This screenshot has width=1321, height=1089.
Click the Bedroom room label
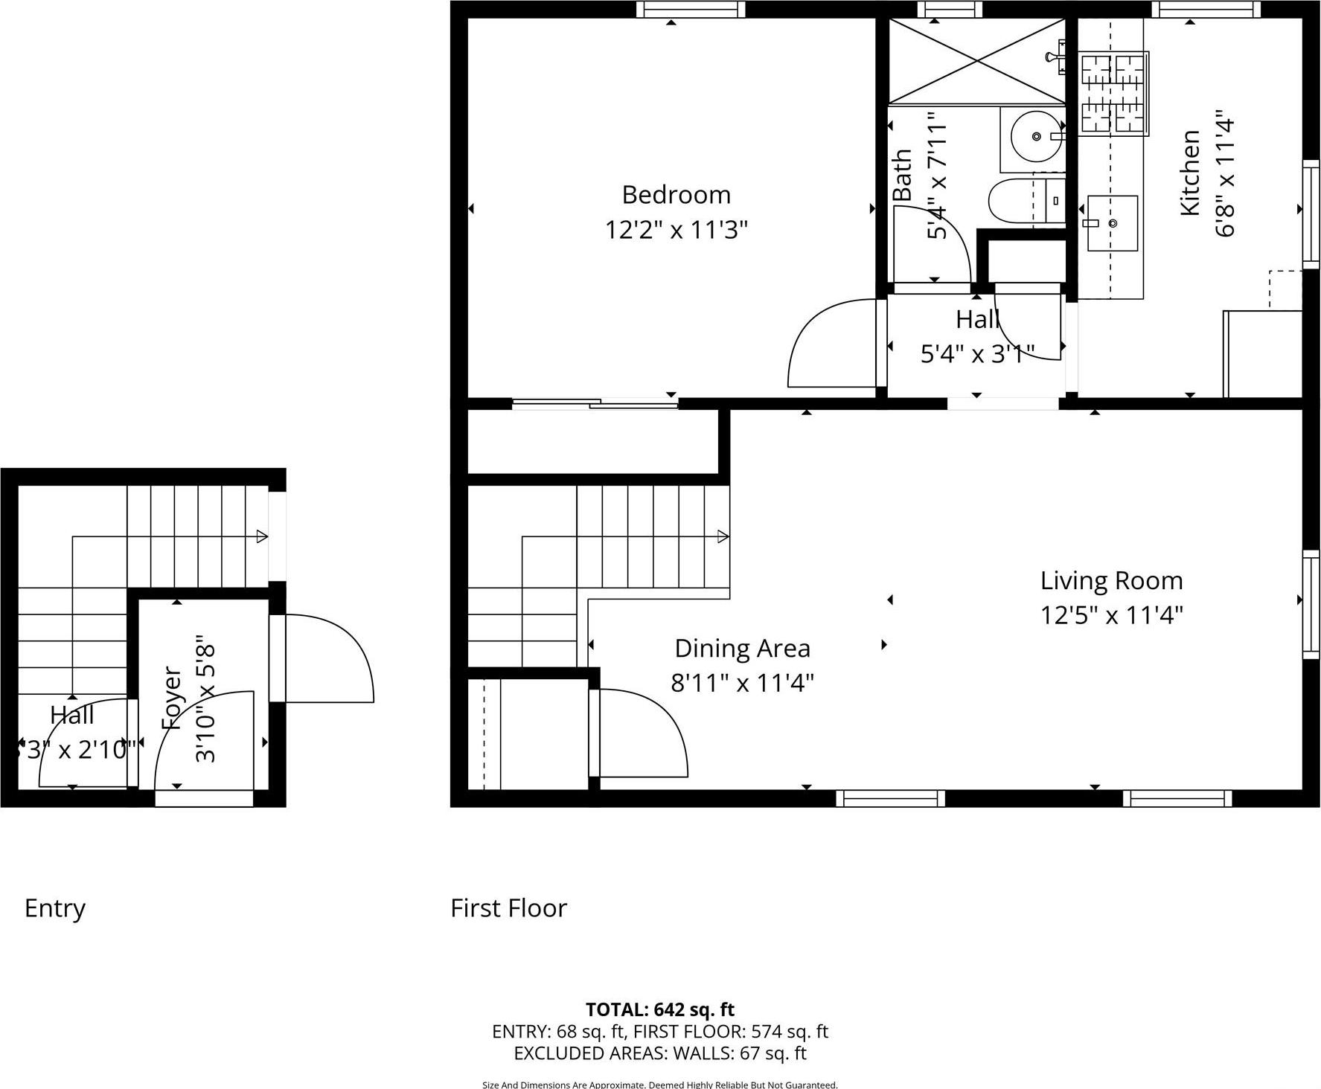coord(676,195)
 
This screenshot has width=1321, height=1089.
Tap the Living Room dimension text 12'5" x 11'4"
coord(1111,616)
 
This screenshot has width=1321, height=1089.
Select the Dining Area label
coord(742,649)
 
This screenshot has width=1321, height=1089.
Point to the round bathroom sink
coord(1036,137)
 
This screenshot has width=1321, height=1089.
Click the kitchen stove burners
coord(1114,94)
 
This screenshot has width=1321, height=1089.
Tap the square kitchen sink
coord(1112,223)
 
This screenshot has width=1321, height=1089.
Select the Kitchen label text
coord(1190,173)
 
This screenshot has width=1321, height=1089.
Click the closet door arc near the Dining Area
coord(643,733)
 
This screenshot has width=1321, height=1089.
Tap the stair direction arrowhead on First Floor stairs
coord(723,536)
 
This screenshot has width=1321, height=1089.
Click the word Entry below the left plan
coord(55,908)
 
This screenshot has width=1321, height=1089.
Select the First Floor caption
coord(508,908)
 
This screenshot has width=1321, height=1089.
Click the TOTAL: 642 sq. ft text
coord(659,1009)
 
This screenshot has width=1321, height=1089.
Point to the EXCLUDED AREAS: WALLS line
coord(659,1053)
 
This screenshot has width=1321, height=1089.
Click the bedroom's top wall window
coord(691,10)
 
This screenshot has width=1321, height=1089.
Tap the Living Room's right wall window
coord(1311,604)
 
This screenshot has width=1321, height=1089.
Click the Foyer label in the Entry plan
coord(172,697)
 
